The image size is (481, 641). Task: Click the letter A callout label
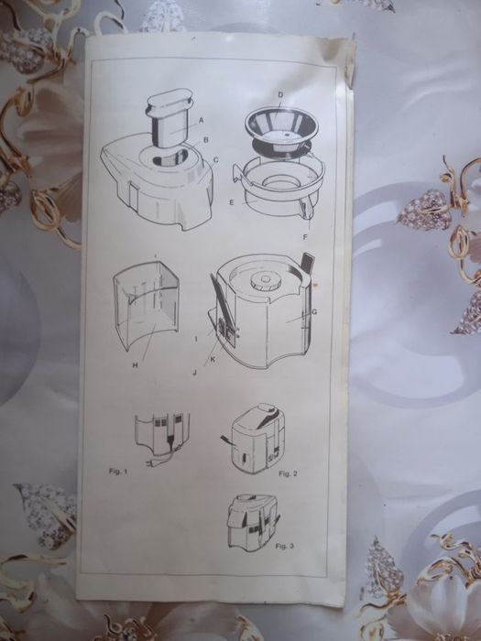click(x=201, y=120)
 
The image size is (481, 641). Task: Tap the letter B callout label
click(x=206, y=140)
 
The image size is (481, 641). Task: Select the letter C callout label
click(x=216, y=160)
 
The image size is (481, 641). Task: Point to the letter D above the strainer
click(x=280, y=95)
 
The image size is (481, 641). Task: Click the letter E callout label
click(x=232, y=202)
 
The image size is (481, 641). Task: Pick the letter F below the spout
click(x=305, y=236)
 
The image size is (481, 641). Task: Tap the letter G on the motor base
click(x=314, y=312)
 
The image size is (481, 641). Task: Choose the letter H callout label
click(x=135, y=365)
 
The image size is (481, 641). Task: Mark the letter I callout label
click(x=196, y=339)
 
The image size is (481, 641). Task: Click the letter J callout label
click(x=194, y=373)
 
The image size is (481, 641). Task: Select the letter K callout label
click(x=213, y=360)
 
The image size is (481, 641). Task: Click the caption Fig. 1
click(x=118, y=471)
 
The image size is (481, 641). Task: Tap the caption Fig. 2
click(x=288, y=473)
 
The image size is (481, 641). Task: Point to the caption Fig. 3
click(x=285, y=546)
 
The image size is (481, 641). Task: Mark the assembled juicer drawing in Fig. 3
click(x=252, y=522)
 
